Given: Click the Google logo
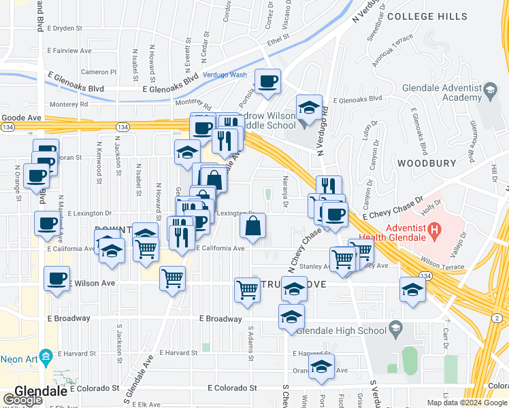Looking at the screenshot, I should pyautogui.click(x=22, y=399).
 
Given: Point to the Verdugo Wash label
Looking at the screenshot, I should pyautogui.click(x=225, y=75).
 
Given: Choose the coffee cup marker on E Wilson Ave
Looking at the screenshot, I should pyautogui.click(x=57, y=278).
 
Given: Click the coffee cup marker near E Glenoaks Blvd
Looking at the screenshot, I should pyautogui.click(x=267, y=81).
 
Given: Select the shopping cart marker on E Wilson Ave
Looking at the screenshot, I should pyautogui.click(x=173, y=277).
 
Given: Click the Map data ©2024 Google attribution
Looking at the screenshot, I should pyautogui.click(x=465, y=403).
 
